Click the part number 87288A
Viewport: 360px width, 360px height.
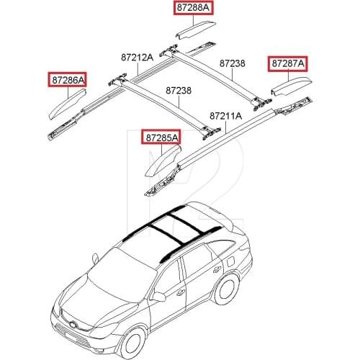193,8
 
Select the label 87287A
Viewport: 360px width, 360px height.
288,63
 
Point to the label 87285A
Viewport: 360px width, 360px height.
162,138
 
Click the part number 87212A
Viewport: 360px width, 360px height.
137,58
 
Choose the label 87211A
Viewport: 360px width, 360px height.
226,116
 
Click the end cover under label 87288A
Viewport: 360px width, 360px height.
196,30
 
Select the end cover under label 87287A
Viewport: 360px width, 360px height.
292,86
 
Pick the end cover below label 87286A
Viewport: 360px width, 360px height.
67,104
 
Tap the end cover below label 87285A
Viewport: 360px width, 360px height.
163,161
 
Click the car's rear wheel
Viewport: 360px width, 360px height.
227,289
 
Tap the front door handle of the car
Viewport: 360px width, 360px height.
179,292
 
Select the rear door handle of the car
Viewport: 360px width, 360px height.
217,270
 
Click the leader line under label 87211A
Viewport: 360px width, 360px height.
226,127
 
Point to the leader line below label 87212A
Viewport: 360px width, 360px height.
138,68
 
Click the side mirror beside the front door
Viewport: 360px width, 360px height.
159,297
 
